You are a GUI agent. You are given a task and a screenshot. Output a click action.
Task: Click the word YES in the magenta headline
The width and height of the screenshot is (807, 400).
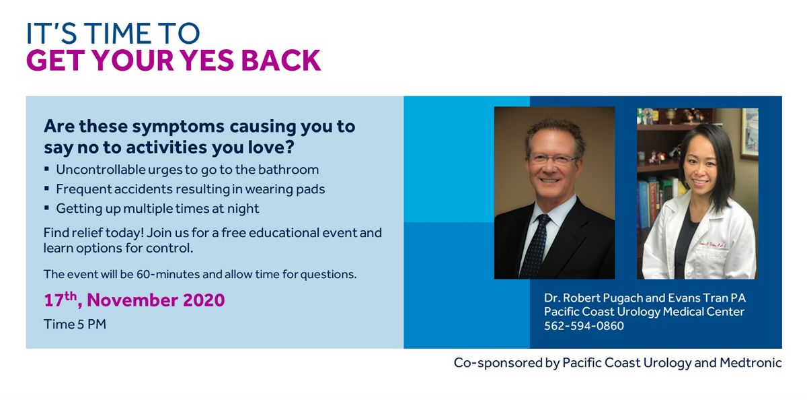[x=207, y=60]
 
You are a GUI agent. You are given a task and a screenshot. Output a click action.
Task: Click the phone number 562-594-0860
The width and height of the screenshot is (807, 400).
[x=584, y=326]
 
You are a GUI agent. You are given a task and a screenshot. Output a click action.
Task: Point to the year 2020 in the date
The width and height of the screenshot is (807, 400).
[x=204, y=300]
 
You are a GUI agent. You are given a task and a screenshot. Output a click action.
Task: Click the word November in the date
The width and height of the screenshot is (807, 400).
[x=132, y=300]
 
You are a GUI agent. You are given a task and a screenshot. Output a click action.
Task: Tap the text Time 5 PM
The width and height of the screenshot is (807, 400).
[x=75, y=324]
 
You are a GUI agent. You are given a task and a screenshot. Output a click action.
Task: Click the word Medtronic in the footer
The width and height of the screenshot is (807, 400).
[x=751, y=362]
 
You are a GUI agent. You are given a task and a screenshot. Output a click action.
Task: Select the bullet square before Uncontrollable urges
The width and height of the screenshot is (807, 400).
[x=46, y=168]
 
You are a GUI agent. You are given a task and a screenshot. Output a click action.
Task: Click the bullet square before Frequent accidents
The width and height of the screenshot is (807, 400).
[x=46, y=188]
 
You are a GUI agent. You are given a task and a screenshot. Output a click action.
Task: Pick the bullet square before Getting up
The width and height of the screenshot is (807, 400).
[x=46, y=207]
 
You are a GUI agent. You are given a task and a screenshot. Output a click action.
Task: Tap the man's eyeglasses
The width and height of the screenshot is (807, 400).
[x=553, y=159]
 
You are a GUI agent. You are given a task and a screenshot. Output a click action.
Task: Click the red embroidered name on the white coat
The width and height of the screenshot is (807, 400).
[x=713, y=245]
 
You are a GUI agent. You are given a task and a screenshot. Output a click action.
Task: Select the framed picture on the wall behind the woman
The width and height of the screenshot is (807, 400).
[x=749, y=133]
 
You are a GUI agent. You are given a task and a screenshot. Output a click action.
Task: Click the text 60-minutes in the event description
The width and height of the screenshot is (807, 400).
[x=169, y=275]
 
